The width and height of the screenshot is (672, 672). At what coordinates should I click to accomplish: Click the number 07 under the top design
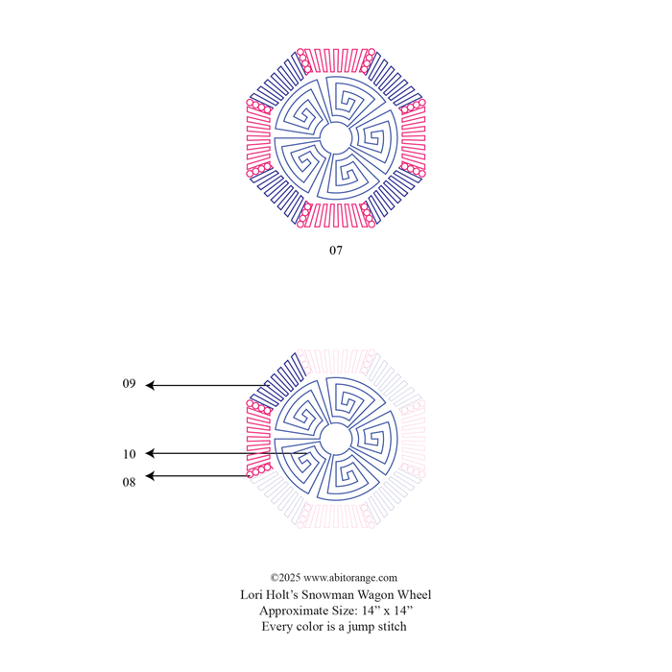point(336,251)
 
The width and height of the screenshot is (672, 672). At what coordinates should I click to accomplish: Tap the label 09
point(129,383)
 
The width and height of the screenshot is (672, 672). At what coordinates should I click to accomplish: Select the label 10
point(129,454)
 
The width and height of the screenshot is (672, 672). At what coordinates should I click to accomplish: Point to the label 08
point(129,482)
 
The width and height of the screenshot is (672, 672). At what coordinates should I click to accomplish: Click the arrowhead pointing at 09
point(150,385)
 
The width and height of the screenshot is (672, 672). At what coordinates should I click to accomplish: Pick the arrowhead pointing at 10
point(150,453)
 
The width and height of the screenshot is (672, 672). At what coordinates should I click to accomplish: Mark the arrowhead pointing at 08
point(150,476)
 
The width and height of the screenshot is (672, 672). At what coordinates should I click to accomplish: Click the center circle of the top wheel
point(336,123)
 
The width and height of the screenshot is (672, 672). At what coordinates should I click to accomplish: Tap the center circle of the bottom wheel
point(336,424)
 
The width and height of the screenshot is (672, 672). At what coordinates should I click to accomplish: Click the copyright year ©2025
point(285,578)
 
